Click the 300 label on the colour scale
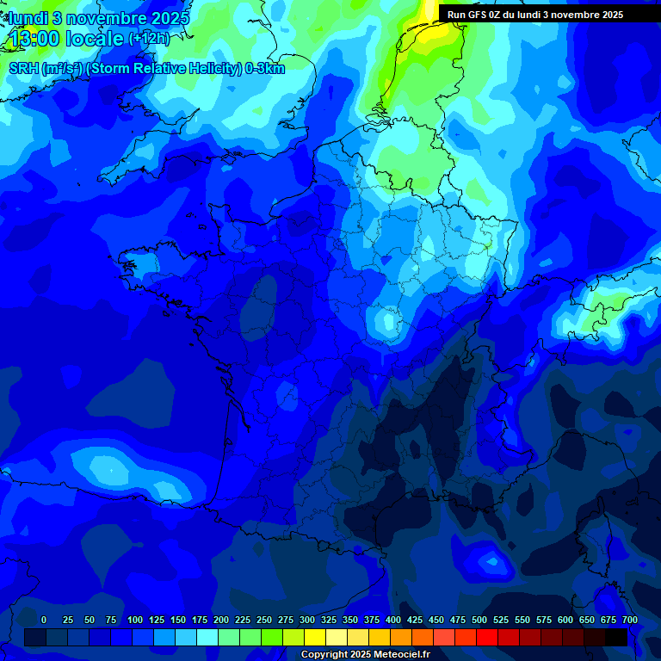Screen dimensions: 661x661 (307, 620)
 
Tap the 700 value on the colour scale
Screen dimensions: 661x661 (629, 620)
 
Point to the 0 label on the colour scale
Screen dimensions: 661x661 (44, 620)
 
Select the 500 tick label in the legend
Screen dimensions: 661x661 (479, 620)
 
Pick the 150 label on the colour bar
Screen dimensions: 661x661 (178, 620)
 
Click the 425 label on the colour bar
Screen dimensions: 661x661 (415, 620)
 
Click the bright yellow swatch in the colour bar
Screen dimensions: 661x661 (315, 637)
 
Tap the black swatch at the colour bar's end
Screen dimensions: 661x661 (616, 637)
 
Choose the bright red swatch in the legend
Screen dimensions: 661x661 (487, 637)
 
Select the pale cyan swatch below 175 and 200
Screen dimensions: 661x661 (207, 637)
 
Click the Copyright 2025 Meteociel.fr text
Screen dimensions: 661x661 (365, 655)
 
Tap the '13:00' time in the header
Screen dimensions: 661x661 (35, 40)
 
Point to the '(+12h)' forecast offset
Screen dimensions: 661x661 (149, 39)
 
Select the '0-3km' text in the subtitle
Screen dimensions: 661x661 (265, 69)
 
